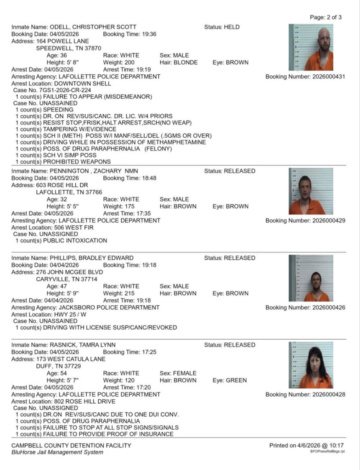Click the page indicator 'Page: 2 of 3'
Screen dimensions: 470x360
point(326,17)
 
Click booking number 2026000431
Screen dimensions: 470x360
point(328,77)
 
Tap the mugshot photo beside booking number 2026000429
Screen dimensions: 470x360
point(311,191)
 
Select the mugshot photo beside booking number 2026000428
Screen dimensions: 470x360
point(311,365)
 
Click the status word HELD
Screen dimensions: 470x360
point(231,27)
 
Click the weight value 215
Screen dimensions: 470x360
point(125,293)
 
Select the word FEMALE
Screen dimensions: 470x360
point(184,373)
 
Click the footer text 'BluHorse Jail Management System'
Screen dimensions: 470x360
point(57,452)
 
